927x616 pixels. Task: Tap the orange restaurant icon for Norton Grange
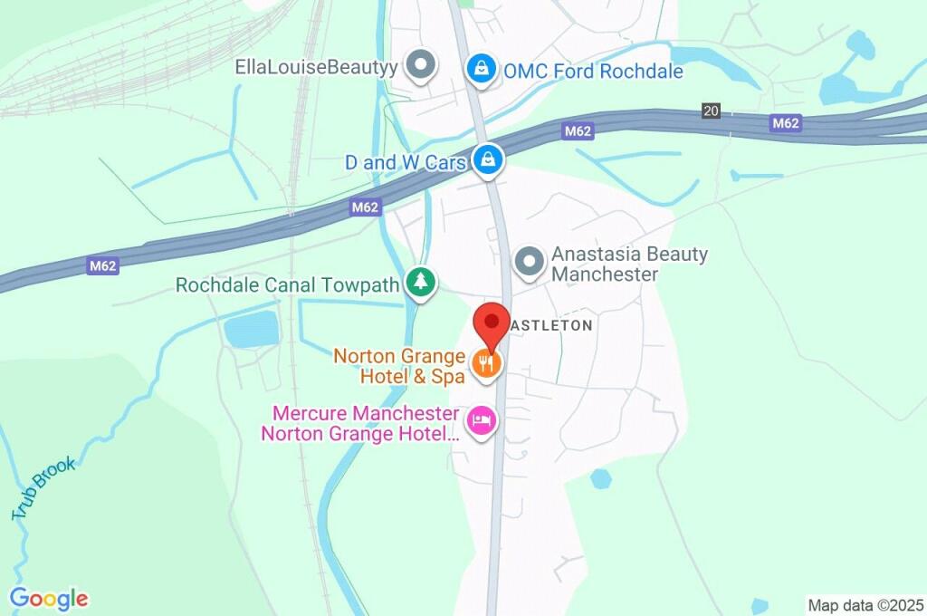coord(486,364)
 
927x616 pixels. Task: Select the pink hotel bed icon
coord(482,420)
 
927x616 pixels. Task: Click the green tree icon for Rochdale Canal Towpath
coord(420,284)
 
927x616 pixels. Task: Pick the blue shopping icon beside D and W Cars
coord(489,160)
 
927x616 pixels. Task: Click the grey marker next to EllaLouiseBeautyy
coord(420,65)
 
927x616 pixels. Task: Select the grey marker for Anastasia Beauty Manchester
coord(529,262)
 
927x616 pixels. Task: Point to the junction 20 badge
coord(711,111)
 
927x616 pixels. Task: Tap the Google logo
coord(49,599)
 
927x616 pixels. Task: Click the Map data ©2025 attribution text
coord(865,604)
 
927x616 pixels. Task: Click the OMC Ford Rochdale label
coord(593,71)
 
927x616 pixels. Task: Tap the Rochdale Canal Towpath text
coord(287,285)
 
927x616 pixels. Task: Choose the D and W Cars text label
coord(406,163)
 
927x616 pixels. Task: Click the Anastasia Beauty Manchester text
coord(629,264)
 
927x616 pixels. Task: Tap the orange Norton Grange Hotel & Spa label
coord(399,365)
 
